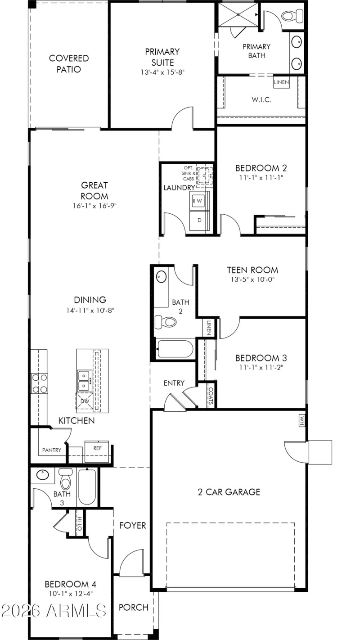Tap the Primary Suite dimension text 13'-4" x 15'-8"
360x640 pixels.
click(162, 72)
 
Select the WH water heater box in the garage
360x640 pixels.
click(301, 420)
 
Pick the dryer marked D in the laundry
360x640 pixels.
click(199, 220)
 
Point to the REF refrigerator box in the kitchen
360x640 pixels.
click(97, 448)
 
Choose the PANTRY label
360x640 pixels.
click(52, 450)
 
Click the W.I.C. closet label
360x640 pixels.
click(261, 99)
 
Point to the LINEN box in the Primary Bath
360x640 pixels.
click(281, 82)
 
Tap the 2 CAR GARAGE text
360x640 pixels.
click(229, 492)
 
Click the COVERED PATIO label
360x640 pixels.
click(69, 64)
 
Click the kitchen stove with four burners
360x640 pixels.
click(39, 383)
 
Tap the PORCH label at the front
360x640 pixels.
click(133, 608)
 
